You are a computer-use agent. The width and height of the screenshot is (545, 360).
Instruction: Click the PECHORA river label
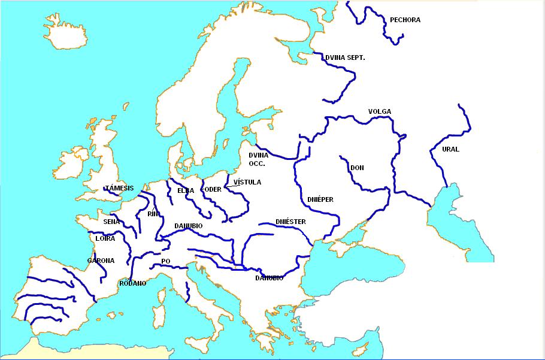click(x=405, y=20)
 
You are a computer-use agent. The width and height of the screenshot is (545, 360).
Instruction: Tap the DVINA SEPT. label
click(x=345, y=58)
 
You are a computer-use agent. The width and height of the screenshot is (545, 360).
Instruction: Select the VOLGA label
click(x=380, y=111)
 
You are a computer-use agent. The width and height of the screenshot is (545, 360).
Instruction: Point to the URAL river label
click(x=450, y=149)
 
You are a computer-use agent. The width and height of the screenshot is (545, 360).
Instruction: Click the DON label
click(x=357, y=168)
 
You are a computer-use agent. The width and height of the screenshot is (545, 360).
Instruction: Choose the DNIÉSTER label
click(x=291, y=222)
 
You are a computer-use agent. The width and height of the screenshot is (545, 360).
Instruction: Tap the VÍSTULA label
click(x=247, y=182)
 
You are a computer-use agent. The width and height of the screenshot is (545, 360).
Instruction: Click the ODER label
click(x=214, y=190)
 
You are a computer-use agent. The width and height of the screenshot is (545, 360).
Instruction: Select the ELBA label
click(x=186, y=190)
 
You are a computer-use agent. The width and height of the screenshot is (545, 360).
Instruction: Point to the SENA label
click(x=111, y=222)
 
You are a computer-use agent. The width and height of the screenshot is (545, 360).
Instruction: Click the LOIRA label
click(x=105, y=238)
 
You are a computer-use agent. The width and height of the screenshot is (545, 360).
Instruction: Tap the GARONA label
click(x=101, y=261)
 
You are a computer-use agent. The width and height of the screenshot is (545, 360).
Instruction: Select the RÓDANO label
click(x=133, y=283)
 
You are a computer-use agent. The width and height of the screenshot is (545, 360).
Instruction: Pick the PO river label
click(x=166, y=261)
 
